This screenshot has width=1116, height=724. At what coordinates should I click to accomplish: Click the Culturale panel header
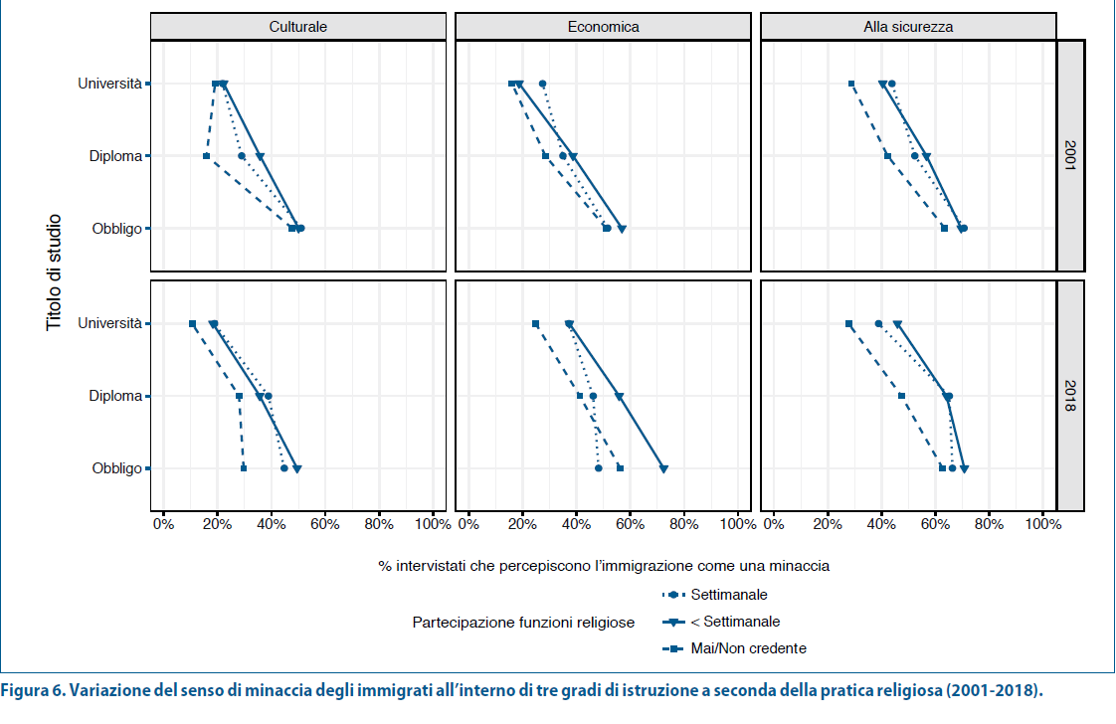tap(297, 27)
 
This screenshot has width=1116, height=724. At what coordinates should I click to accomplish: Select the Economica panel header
tap(603, 27)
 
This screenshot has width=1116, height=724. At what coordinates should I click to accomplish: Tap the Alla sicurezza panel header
tap(908, 27)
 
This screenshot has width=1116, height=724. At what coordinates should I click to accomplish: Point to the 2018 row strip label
tap(1070, 395)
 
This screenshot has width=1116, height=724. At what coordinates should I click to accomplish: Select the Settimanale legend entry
tap(728, 595)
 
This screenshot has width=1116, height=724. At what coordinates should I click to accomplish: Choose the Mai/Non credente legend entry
tap(748, 648)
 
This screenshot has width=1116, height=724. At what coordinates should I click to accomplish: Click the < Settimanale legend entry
tap(734, 622)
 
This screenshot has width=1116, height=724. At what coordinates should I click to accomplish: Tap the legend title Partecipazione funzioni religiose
tap(523, 623)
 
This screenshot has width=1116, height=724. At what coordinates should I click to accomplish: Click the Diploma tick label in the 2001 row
tap(115, 156)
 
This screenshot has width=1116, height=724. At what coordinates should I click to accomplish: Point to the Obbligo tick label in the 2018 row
tap(117, 468)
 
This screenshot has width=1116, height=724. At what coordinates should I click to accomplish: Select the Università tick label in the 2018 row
tap(110, 323)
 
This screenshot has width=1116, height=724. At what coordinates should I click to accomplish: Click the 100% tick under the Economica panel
tap(737, 523)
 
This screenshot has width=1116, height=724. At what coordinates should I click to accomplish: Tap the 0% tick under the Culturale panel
tap(163, 523)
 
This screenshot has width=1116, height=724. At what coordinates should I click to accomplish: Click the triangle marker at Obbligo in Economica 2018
tap(663, 468)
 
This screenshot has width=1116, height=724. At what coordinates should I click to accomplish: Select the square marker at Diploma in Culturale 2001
tap(206, 156)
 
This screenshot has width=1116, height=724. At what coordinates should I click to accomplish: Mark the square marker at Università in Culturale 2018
tap(192, 323)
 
